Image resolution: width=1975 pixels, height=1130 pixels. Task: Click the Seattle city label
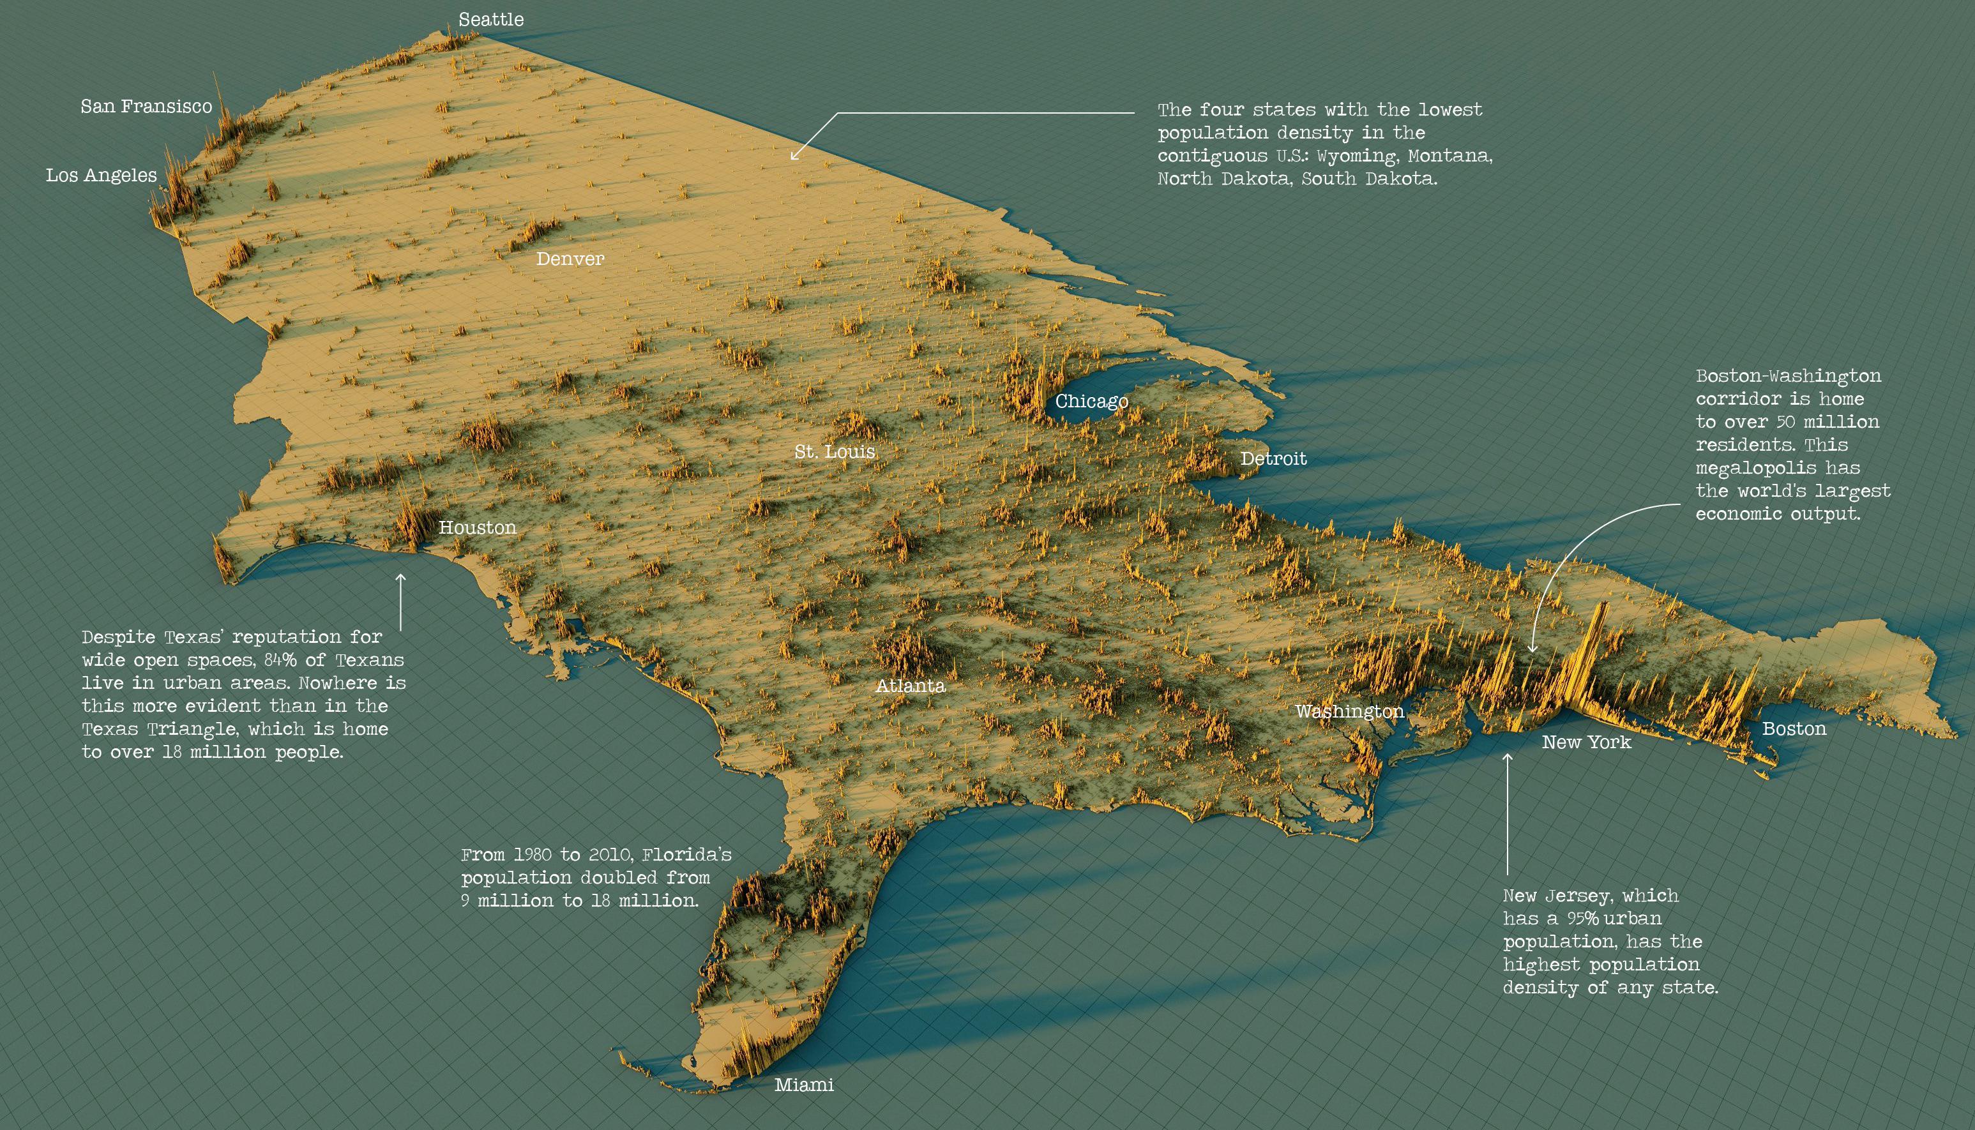pyautogui.click(x=490, y=19)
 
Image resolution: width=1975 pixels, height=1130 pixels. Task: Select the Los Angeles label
pyautogui.click(x=101, y=176)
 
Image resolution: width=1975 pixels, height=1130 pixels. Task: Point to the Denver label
pyautogui.click(x=570, y=259)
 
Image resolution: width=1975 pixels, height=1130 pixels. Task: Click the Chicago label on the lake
pyautogui.click(x=1091, y=401)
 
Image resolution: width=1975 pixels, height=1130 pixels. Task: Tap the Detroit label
pyautogui.click(x=1273, y=458)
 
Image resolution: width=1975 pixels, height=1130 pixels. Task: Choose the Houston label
pyautogui.click(x=477, y=528)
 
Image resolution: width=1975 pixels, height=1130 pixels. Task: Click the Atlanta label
pyautogui.click(x=911, y=686)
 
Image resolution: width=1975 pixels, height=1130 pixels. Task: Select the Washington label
pyautogui.click(x=1349, y=711)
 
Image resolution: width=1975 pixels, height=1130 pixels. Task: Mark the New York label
pyautogui.click(x=1586, y=742)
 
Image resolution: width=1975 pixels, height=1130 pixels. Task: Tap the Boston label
pyautogui.click(x=1794, y=729)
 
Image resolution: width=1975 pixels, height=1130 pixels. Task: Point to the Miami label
pyautogui.click(x=804, y=1085)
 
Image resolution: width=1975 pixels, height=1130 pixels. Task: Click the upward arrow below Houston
pyautogui.click(x=400, y=601)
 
